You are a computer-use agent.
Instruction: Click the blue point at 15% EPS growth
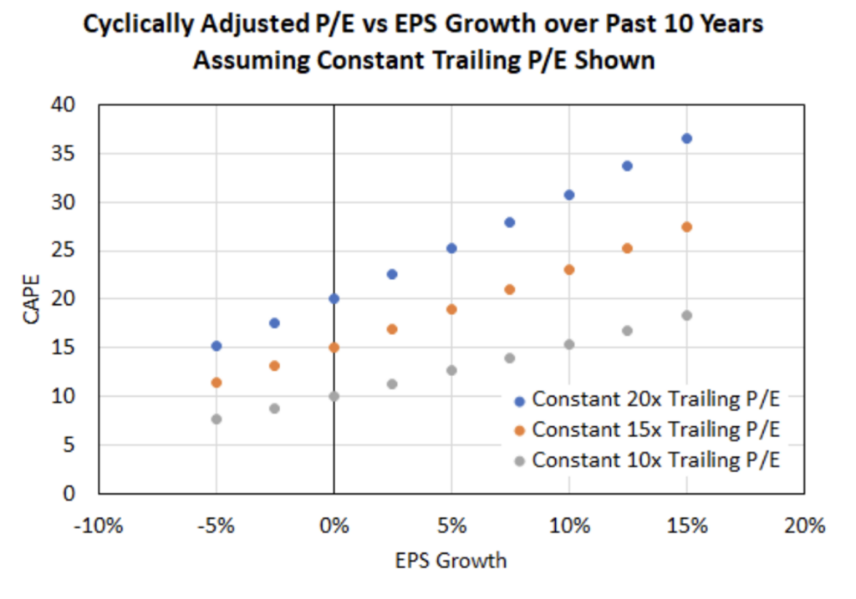[x=686, y=139]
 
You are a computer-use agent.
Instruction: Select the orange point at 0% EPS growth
[x=334, y=348]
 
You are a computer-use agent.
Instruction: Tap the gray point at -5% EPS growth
[x=217, y=419]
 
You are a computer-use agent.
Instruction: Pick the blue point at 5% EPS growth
[x=451, y=248]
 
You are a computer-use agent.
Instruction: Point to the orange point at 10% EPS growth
[x=569, y=270]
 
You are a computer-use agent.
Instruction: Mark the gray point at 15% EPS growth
[x=686, y=315]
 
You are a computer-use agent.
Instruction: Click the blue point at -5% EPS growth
[x=217, y=346]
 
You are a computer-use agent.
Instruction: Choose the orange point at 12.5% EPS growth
[x=627, y=248]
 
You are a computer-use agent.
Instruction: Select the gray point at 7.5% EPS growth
[x=510, y=358]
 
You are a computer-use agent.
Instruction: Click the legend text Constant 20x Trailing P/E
[x=655, y=400]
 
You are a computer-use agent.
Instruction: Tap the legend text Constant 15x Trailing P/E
[x=655, y=429]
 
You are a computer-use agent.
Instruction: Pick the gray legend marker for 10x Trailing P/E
[x=519, y=459]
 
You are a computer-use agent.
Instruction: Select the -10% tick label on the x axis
[x=99, y=526]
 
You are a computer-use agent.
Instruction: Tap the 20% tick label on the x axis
[x=804, y=526]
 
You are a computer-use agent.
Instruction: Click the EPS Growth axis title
[x=451, y=561]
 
